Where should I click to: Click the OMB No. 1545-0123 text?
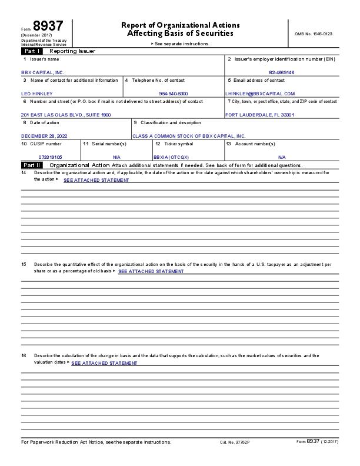pyautogui.click(x=314, y=34)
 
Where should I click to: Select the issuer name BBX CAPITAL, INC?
pyautogui.click(x=43, y=72)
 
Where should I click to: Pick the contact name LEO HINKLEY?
pyautogui.click(x=36, y=93)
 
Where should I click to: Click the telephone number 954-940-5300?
pyautogui.click(x=174, y=93)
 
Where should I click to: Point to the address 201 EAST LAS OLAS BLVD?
pyautogui.click(x=66, y=114)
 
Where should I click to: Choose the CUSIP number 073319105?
pyautogui.click(x=50, y=157)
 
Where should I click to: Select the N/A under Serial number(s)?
pyautogui.click(x=116, y=157)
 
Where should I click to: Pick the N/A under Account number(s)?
pyautogui.click(x=282, y=157)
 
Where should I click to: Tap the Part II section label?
pyautogui.click(x=31, y=165)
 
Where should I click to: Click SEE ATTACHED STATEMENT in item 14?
pyautogui.click(x=96, y=180)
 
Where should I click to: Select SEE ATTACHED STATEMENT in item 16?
pyautogui.click(x=104, y=363)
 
